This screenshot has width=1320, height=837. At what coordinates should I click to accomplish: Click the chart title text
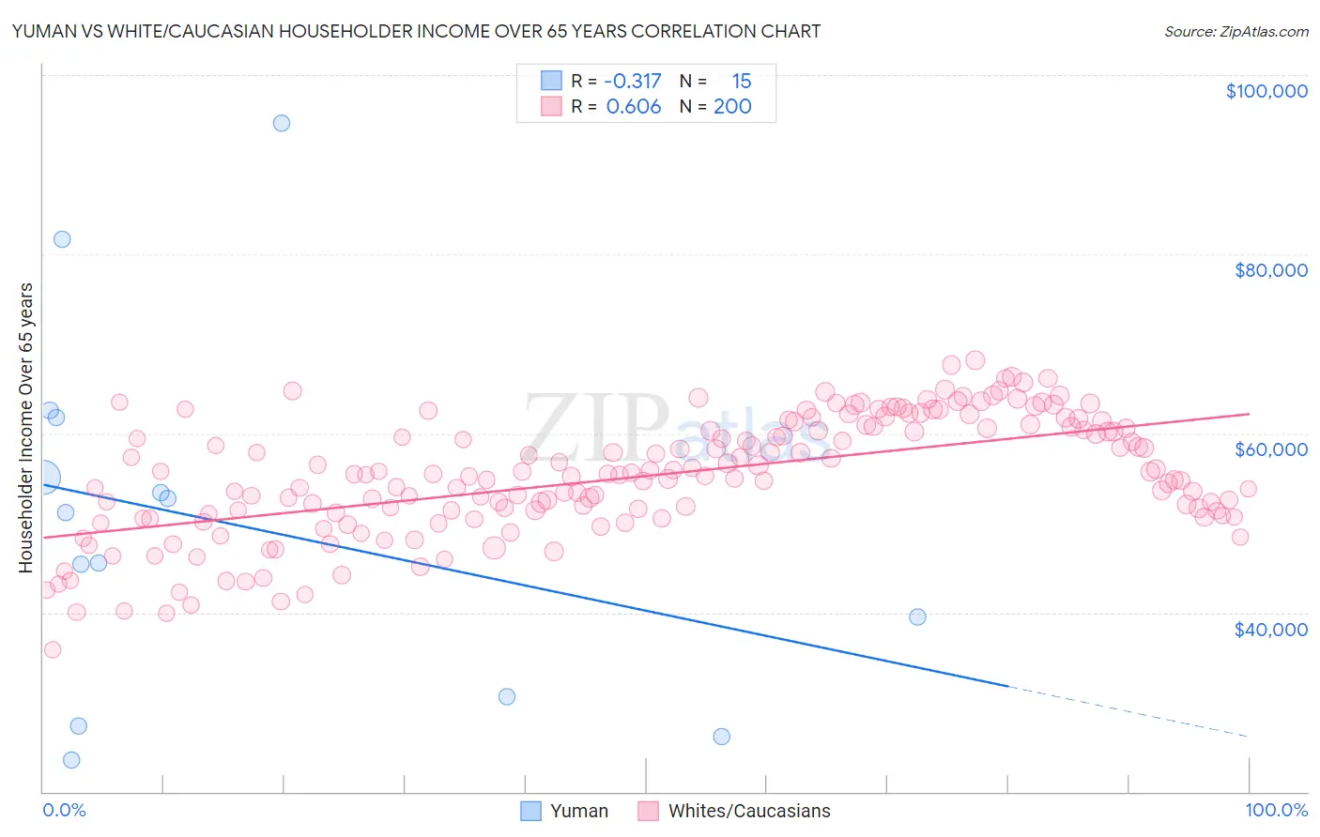[x=417, y=32]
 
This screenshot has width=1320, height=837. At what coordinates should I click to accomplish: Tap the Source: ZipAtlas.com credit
[x=1236, y=32]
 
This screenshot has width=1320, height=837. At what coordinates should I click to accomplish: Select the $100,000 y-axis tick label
[x=1266, y=91]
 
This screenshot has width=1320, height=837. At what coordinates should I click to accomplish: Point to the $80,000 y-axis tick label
[x=1270, y=270]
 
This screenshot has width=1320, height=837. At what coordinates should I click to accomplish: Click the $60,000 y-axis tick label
[x=1270, y=449]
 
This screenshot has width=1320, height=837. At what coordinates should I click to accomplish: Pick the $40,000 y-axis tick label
[x=1270, y=629]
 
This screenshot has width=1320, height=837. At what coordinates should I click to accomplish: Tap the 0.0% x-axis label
[x=64, y=810]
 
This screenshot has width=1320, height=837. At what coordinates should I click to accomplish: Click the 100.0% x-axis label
[x=1276, y=810]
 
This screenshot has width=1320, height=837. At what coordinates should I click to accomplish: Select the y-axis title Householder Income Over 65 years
[x=26, y=428]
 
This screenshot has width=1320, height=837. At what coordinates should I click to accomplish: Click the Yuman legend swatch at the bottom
[x=531, y=811]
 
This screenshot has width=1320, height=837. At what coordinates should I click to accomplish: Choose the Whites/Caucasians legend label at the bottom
[x=749, y=811]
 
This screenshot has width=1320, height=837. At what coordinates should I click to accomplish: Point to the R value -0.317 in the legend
[x=633, y=82]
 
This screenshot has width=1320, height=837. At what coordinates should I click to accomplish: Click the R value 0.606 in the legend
[x=634, y=107]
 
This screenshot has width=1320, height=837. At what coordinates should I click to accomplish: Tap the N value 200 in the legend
[x=732, y=107]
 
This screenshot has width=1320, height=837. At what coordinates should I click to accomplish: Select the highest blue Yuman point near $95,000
[x=281, y=123]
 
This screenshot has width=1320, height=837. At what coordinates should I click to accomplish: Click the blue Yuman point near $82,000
[x=62, y=239]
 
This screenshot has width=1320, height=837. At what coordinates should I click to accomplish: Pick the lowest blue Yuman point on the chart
[x=71, y=760]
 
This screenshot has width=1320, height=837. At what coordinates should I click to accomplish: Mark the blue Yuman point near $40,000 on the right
[x=917, y=616]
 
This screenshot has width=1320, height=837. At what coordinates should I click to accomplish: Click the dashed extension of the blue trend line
[x=1127, y=711]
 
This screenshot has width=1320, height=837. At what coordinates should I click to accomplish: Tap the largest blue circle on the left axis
[x=44, y=478]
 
